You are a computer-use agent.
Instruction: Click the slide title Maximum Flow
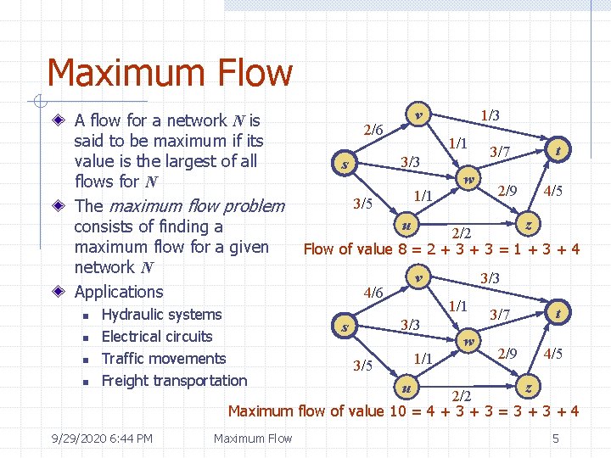pos(170,73)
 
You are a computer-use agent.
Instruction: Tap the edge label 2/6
pos(373,130)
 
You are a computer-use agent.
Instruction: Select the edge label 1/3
pos(490,114)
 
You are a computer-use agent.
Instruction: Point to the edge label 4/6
pos(373,293)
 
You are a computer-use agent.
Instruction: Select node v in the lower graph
pos(417,276)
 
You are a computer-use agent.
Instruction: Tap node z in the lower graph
pos(529,387)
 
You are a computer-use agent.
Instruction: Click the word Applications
pos(119,292)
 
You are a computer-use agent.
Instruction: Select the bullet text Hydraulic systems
pos(161,315)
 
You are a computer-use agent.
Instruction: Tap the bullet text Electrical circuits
pos(157,337)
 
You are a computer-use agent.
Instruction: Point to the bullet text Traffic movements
pos(164,359)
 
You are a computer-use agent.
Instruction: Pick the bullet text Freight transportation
pos(174,381)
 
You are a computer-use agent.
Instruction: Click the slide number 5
pos(555,438)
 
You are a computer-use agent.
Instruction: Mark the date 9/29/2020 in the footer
pos(81,438)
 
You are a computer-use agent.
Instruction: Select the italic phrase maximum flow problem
pos(194,206)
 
